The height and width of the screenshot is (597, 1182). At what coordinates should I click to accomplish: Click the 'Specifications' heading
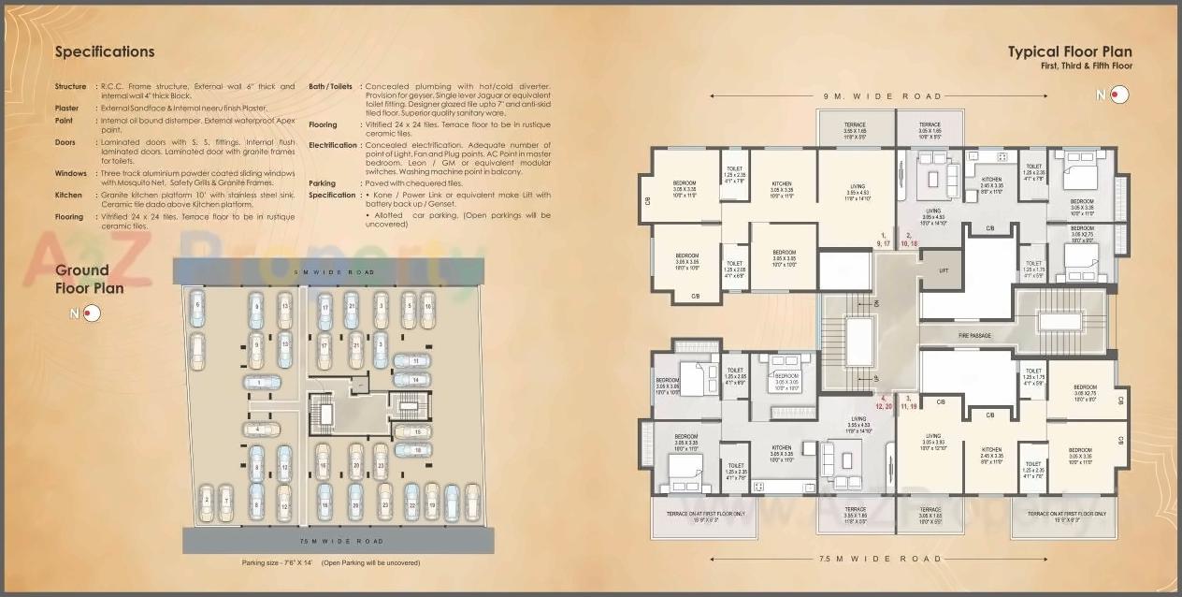point(105,52)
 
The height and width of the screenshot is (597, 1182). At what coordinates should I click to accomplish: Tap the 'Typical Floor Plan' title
point(1070,52)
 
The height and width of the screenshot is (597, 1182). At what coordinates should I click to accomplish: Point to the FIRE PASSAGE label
point(973,335)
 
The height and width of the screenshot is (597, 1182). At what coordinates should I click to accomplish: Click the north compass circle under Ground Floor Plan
point(91,313)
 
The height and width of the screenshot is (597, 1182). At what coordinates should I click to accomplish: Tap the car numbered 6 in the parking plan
point(196,308)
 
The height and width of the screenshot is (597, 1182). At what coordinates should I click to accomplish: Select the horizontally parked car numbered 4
point(261,430)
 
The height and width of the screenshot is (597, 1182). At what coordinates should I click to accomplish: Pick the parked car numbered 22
point(411,502)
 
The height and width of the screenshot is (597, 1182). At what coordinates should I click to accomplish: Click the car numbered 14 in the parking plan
point(412,380)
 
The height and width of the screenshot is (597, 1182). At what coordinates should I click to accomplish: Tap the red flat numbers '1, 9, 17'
point(884,239)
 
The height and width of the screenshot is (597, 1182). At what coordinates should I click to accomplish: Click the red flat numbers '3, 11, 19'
point(909,402)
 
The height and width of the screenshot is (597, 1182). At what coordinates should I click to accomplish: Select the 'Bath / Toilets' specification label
point(331,86)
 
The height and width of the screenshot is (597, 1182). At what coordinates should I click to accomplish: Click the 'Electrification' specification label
point(333,145)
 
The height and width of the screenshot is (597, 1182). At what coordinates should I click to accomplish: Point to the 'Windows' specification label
point(70,173)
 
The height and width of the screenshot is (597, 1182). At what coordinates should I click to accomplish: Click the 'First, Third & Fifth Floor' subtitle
point(1086,67)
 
